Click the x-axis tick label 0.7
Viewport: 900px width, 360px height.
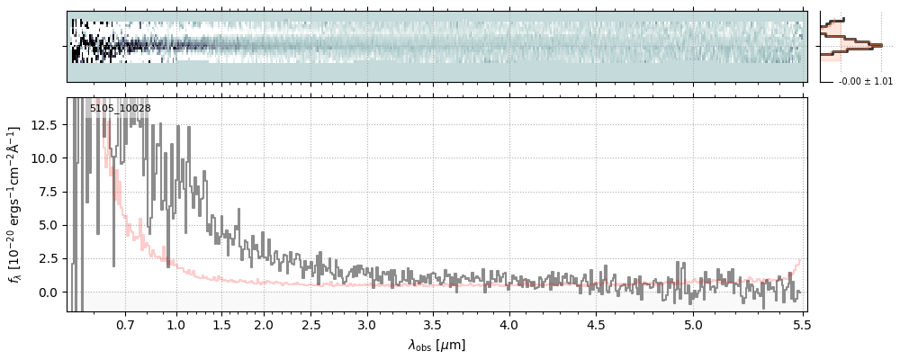tap(125, 322)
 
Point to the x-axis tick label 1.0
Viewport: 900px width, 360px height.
tap(176, 322)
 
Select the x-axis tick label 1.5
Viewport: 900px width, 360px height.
tap(221, 322)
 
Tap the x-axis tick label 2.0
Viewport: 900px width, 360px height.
tap(264, 322)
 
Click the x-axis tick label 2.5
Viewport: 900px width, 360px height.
tap(311, 322)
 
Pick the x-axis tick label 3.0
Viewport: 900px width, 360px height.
tap(366, 322)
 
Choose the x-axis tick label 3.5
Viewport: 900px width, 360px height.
tap(432, 322)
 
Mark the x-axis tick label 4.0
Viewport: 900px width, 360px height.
tap(509, 322)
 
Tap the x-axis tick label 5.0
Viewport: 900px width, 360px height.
tap(693, 322)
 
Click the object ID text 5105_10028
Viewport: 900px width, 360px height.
tap(120, 109)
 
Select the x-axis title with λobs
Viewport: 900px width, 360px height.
tap(436, 345)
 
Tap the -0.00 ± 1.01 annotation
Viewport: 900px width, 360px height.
tap(865, 82)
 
